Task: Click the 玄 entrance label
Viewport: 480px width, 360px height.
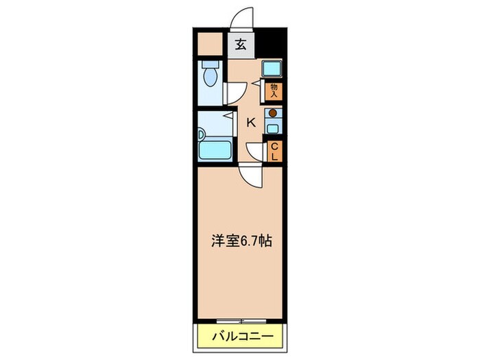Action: click(x=241, y=45)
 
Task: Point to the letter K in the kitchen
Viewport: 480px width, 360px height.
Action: click(x=251, y=123)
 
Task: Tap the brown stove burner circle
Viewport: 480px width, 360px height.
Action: click(x=273, y=114)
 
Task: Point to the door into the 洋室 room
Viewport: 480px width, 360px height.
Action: click(x=251, y=176)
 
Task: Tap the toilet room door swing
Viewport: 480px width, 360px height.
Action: click(x=236, y=93)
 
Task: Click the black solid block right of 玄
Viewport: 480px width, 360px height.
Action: click(x=269, y=44)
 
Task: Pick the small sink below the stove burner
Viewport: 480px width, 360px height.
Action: click(x=273, y=127)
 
